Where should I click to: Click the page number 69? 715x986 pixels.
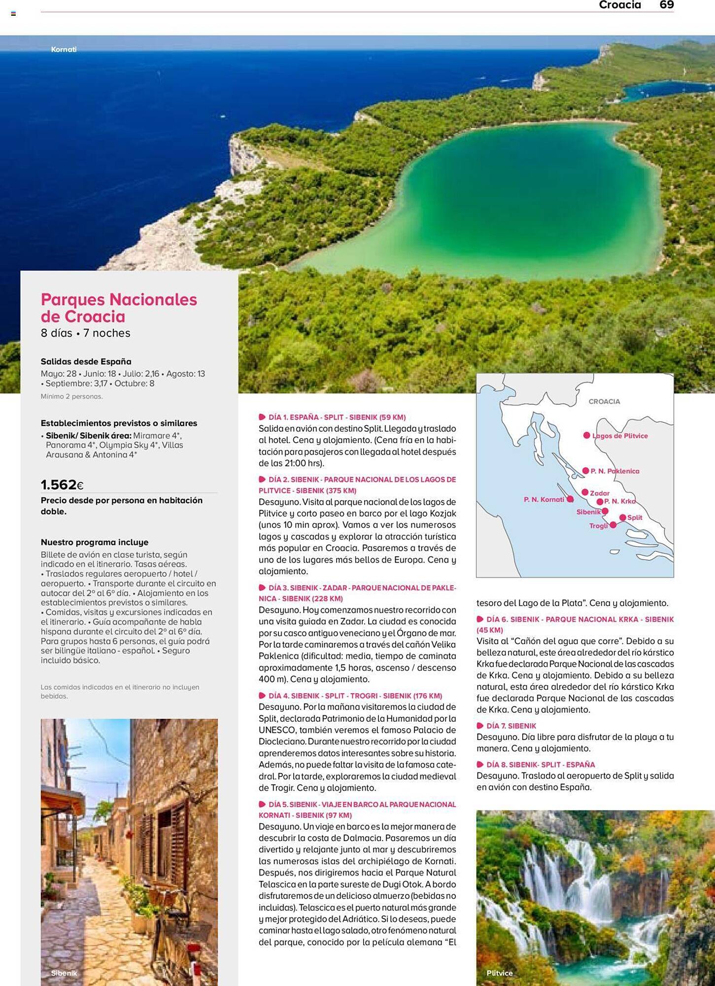pyautogui.click(x=666, y=5)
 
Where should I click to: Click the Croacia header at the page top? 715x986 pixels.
pyautogui.click(x=619, y=5)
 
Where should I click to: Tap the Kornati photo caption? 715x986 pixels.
pyautogui.click(x=64, y=49)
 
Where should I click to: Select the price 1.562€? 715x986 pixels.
pyautogui.click(x=62, y=485)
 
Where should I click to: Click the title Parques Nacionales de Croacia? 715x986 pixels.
pyautogui.click(x=119, y=308)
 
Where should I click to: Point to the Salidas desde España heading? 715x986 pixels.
pyautogui.click(x=86, y=361)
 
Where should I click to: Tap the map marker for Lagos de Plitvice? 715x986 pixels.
pyautogui.click(x=586, y=435)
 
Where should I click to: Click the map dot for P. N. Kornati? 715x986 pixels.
pyautogui.click(x=570, y=499)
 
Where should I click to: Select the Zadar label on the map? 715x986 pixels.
pyautogui.click(x=600, y=493)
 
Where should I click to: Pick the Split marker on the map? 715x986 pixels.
pyautogui.click(x=623, y=517)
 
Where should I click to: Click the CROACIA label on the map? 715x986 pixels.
pyautogui.click(x=604, y=401)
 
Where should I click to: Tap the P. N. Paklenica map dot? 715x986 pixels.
pyautogui.click(x=585, y=471)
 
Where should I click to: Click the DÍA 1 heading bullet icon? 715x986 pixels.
pyautogui.click(x=262, y=417)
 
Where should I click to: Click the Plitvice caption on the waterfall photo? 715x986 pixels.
pyautogui.click(x=499, y=973)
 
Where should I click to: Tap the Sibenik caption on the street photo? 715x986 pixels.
pyautogui.click(x=64, y=973)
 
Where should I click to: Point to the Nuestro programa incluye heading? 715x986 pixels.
pyautogui.click(x=95, y=542)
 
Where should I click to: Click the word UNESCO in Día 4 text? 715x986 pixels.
pyautogui.click(x=276, y=730)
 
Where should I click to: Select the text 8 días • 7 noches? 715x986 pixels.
pyautogui.click(x=86, y=333)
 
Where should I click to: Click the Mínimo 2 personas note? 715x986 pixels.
pyautogui.click(x=71, y=396)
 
